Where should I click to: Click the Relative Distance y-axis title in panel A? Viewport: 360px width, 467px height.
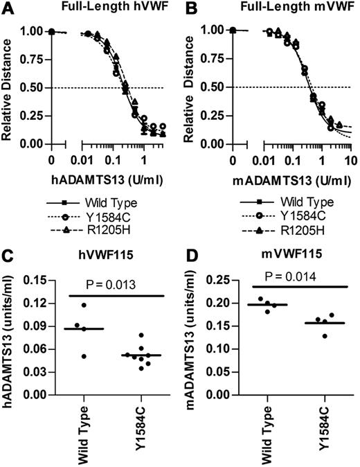click(x=8, y=87)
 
